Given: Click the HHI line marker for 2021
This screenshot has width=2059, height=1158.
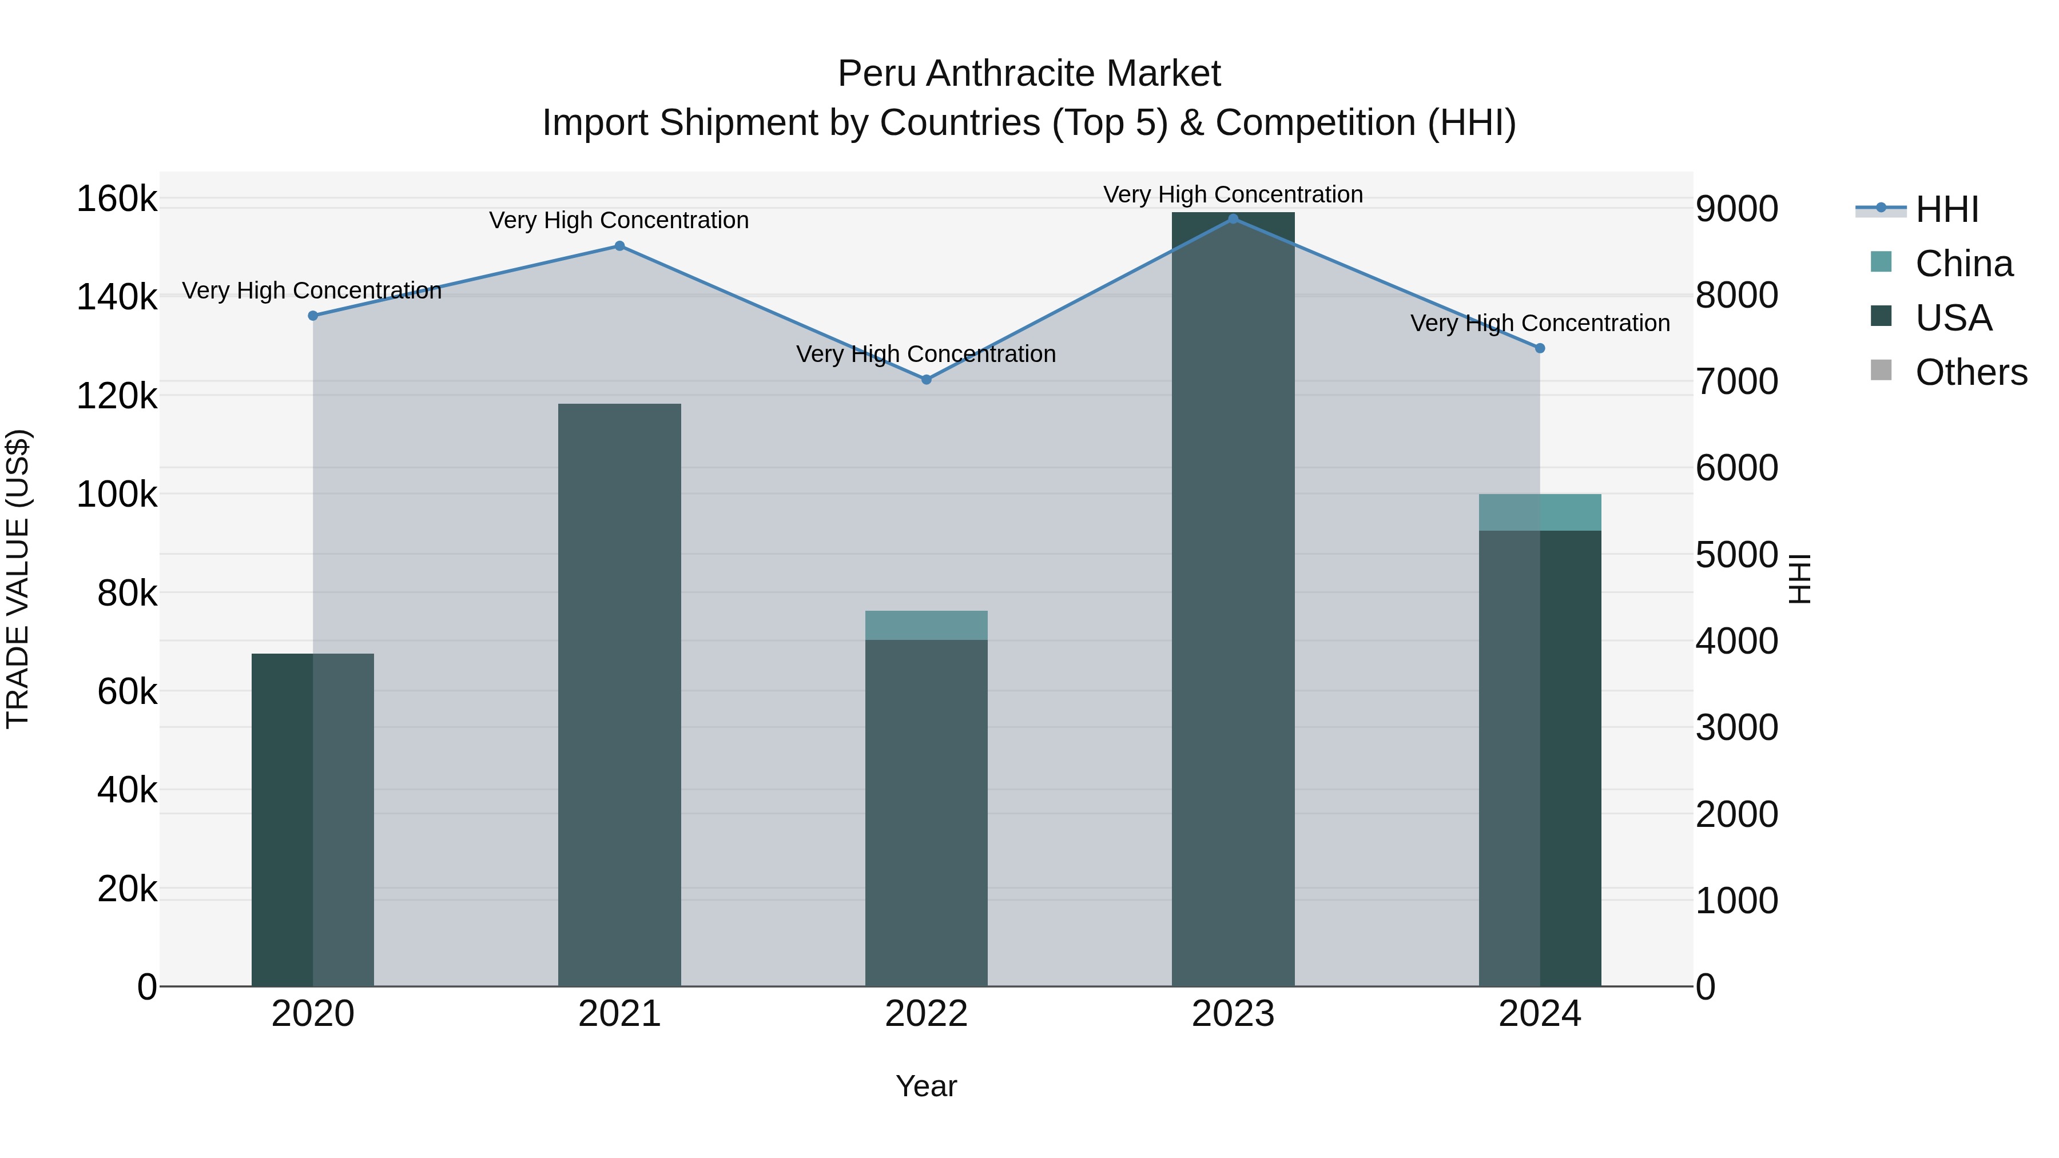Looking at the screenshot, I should [619, 246].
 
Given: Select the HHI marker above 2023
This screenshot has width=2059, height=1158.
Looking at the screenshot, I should [1233, 219].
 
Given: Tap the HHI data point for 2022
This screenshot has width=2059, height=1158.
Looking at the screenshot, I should [927, 380].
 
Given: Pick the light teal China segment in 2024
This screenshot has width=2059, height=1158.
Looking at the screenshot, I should [1540, 512].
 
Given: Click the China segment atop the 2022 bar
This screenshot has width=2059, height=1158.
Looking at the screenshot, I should [927, 625].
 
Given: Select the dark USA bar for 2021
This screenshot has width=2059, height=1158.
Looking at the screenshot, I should [619, 695].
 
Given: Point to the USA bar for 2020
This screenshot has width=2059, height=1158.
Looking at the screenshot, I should [312, 819].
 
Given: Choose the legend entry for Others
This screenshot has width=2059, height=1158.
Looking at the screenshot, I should [1970, 372].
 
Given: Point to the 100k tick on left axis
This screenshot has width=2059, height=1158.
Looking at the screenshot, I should [117, 495].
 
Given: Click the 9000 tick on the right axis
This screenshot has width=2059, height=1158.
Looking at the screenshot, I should [1736, 209].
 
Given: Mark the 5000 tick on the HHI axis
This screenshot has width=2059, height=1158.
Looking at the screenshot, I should [1736, 555].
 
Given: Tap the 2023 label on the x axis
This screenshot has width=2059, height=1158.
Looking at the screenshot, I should [1233, 1014].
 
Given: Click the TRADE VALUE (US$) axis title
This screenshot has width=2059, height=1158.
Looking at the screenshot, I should [18, 579].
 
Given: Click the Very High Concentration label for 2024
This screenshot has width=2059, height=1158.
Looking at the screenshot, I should [1540, 323].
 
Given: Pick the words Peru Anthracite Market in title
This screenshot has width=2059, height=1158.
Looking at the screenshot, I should [1029, 74].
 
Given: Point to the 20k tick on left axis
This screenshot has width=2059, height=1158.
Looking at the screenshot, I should [126, 889].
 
